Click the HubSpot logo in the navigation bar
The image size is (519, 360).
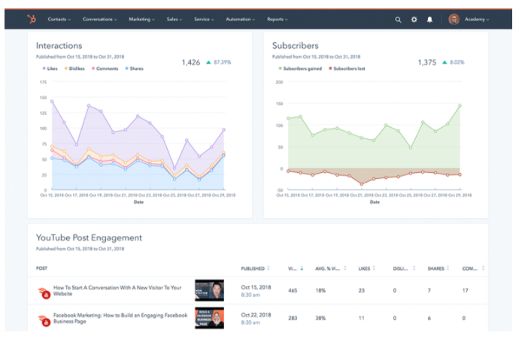point(31,19)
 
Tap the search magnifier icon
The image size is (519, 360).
point(398,20)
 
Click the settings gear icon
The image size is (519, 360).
point(414,20)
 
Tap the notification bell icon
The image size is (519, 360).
point(429,20)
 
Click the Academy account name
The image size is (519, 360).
point(475,20)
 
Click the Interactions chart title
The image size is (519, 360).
point(59,46)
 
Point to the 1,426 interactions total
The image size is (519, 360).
point(191,62)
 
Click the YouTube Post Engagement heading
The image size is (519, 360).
point(89,237)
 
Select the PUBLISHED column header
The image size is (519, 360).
point(253,268)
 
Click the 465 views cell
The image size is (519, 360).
point(293,290)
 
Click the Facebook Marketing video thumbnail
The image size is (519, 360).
point(209,318)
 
